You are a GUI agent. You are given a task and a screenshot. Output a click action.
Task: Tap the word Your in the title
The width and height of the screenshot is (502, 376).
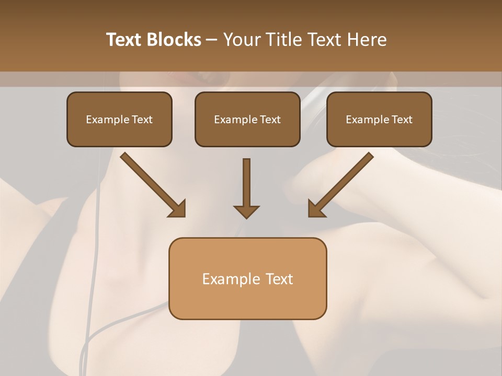[242, 40]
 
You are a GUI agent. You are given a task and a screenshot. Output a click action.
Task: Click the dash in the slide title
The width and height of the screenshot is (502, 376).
[212, 40]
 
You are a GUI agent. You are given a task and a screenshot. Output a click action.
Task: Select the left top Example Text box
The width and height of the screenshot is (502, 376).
[119, 119]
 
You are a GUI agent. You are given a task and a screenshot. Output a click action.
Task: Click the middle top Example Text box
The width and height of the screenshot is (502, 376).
[247, 119]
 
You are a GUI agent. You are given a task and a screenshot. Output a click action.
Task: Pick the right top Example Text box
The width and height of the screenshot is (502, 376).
[379, 119]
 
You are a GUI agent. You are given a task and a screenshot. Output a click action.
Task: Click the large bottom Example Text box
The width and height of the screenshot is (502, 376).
[247, 278]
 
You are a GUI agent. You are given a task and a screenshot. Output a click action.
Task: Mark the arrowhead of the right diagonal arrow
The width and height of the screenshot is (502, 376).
[316, 209]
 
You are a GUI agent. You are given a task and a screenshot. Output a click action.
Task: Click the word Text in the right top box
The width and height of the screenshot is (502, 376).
[402, 120]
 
